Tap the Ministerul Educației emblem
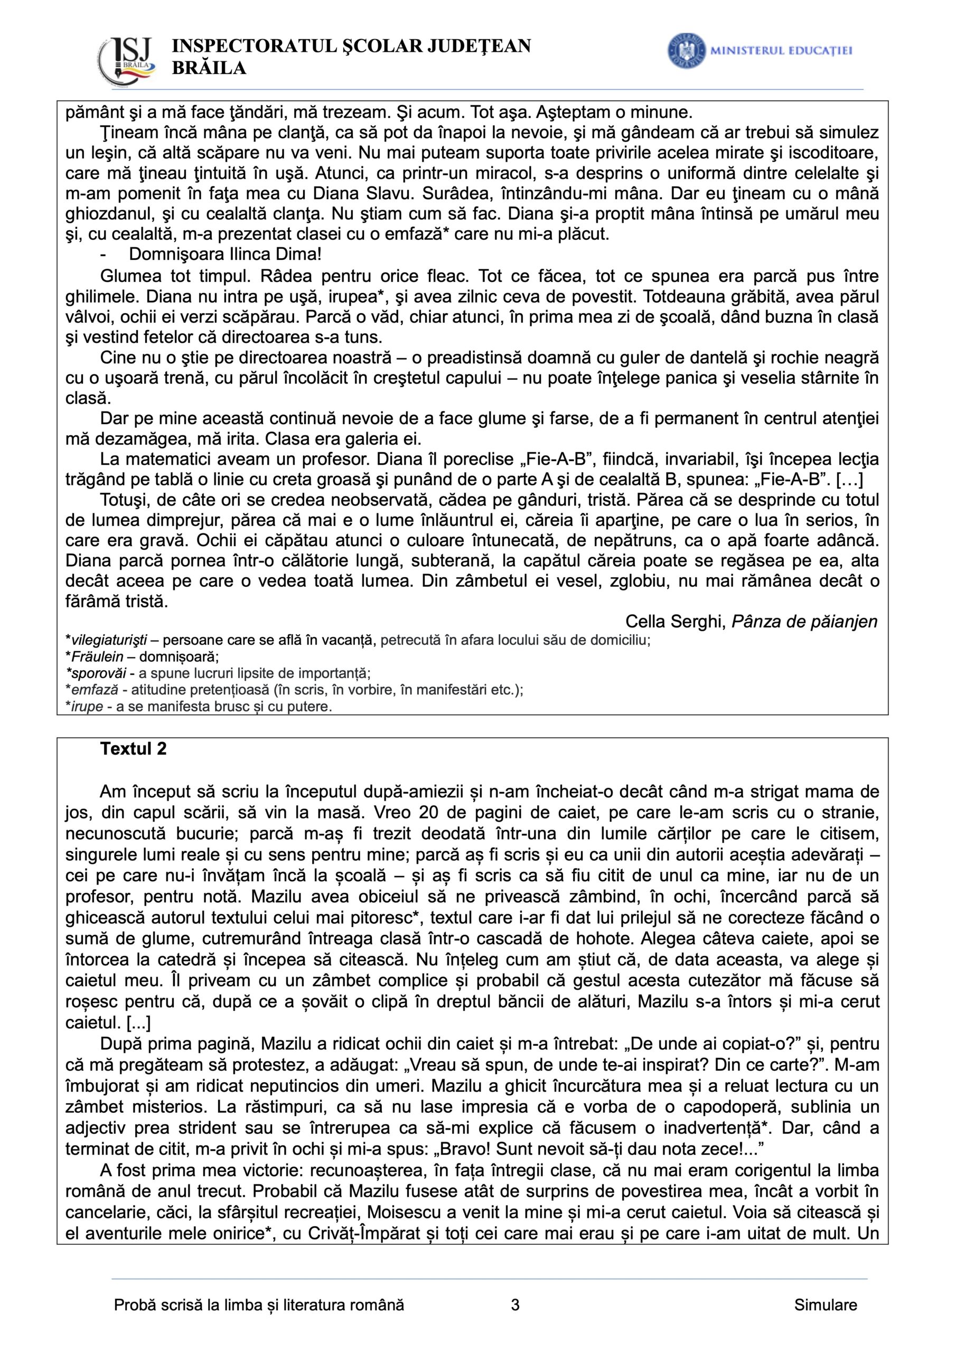point(686,51)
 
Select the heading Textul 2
point(133,749)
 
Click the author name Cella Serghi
point(675,622)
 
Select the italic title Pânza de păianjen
point(804,622)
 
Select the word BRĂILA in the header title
point(209,68)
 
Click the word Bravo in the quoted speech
point(490,1149)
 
